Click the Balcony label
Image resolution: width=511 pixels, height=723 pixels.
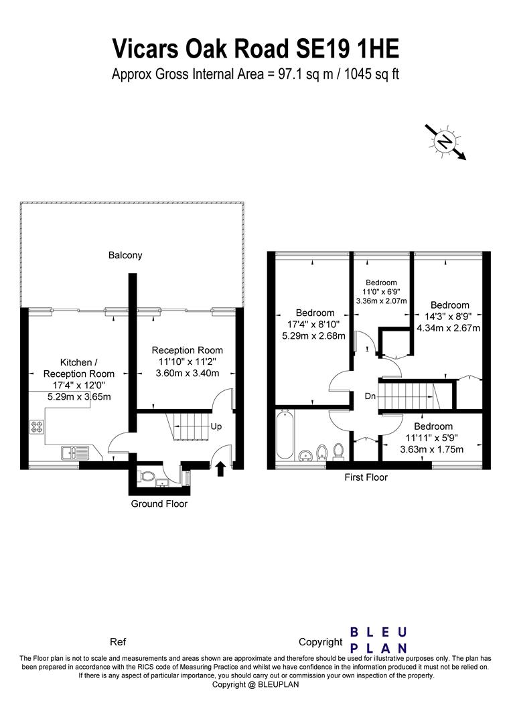pyautogui.click(x=125, y=255)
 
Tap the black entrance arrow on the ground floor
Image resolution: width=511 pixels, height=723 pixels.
pyautogui.click(x=220, y=469)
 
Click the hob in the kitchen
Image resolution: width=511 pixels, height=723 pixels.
pyautogui.click(x=37, y=426)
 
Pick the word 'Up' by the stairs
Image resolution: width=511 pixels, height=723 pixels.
pyautogui.click(x=216, y=426)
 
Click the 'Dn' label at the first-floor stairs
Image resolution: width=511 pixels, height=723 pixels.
pyautogui.click(x=370, y=396)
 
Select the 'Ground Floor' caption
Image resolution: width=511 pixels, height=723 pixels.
pyautogui.click(x=159, y=503)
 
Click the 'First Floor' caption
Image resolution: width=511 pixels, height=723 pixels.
pyautogui.click(x=366, y=477)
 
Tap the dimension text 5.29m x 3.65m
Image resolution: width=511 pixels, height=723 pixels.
pyautogui.click(x=79, y=396)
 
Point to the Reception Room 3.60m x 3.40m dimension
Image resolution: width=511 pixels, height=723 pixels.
pyautogui.click(x=188, y=373)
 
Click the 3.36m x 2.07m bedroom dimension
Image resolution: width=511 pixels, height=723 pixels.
pyautogui.click(x=381, y=301)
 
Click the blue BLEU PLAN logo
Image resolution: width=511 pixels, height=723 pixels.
pyautogui.click(x=378, y=640)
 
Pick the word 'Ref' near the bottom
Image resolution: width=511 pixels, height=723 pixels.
pyautogui.click(x=118, y=642)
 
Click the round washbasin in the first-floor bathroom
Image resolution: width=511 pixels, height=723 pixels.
pyautogui.click(x=305, y=456)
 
